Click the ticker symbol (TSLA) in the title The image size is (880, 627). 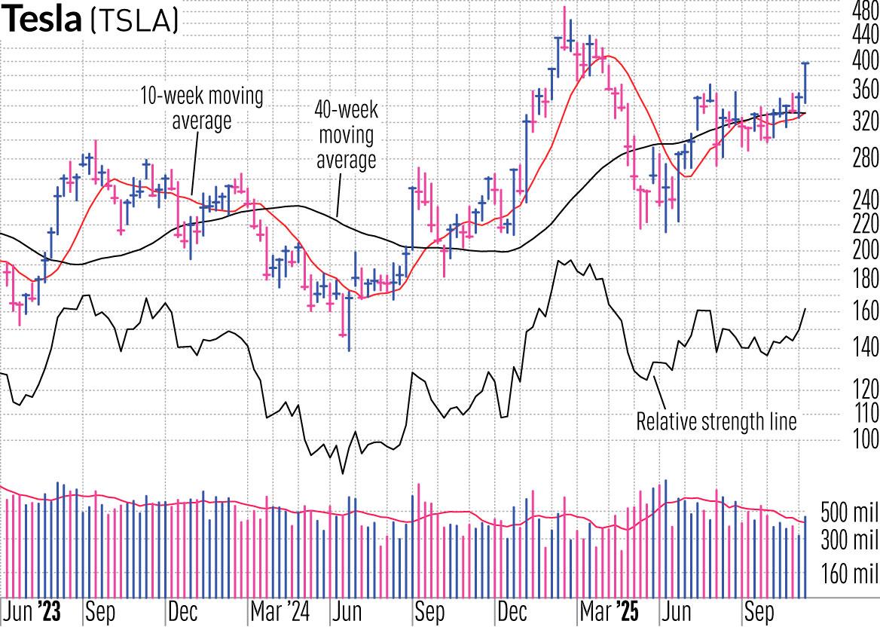tap(133, 21)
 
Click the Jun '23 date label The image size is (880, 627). tap(31, 612)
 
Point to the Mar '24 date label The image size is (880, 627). tap(279, 612)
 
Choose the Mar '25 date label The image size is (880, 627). tap(610, 612)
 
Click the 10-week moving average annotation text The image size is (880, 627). tap(202, 109)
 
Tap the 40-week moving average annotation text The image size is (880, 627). tap(346, 135)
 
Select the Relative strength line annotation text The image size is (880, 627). tap(716, 421)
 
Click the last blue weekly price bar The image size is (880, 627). tap(805, 83)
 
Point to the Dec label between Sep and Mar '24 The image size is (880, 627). tap(183, 612)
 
